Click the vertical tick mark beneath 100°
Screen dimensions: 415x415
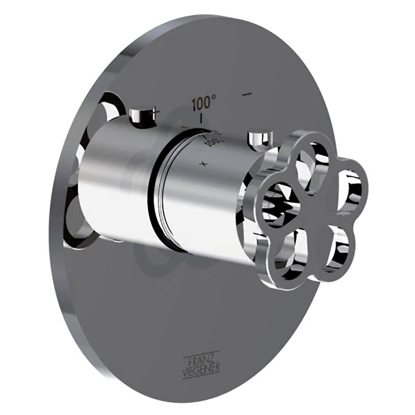tap(201, 119)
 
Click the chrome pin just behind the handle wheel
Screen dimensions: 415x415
tap(258, 139)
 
